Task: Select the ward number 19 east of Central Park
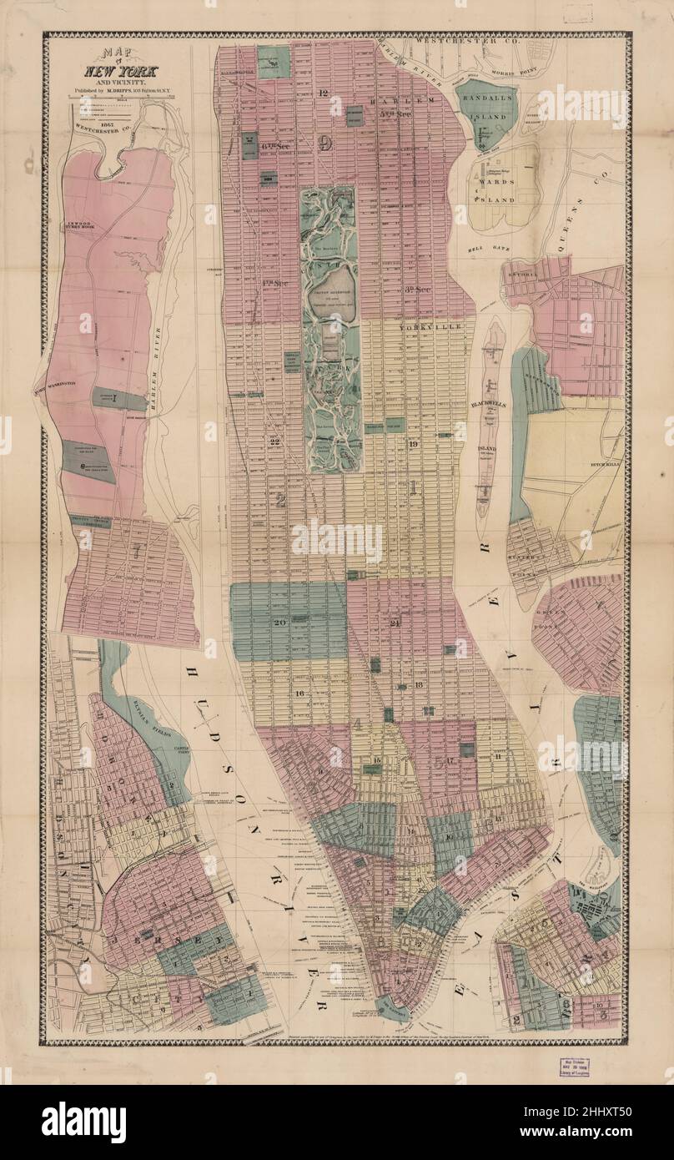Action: pyautogui.click(x=413, y=443)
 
